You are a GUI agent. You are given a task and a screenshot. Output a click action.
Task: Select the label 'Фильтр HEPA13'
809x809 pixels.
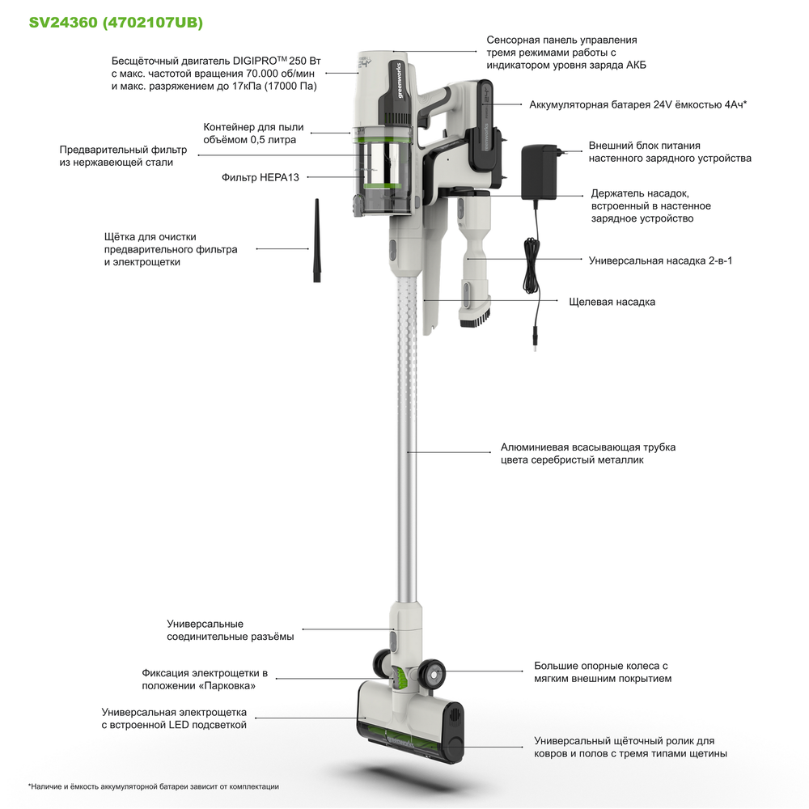[260, 176]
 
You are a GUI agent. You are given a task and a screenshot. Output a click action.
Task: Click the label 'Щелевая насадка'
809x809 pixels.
[612, 302]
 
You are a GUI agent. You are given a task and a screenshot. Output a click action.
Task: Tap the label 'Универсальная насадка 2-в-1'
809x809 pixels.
[660, 260]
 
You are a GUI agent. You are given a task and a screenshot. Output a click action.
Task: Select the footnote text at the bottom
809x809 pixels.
[154, 786]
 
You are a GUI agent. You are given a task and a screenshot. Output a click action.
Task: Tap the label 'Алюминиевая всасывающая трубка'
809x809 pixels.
[587, 447]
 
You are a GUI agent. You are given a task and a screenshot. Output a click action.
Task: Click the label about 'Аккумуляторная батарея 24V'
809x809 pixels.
[637, 104]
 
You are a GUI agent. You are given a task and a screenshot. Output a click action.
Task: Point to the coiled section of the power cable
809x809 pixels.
[532, 267]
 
